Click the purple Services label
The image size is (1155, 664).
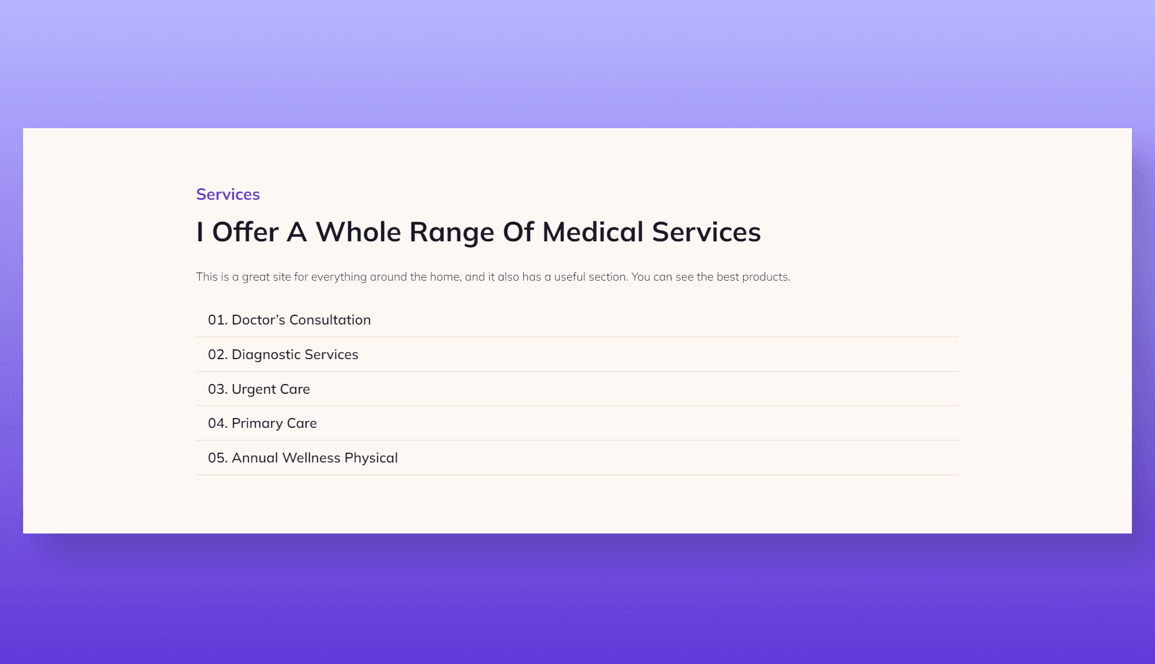tap(228, 195)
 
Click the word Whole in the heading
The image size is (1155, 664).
tap(358, 232)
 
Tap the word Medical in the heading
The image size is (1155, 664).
tap(593, 232)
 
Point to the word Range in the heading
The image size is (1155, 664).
tap(452, 232)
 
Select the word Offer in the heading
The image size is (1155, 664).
tap(245, 232)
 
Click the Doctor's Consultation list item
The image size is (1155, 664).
tap(289, 320)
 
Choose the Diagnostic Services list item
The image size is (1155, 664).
tap(283, 355)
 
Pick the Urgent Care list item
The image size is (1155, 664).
tap(259, 389)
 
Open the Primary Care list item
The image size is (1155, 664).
tap(262, 423)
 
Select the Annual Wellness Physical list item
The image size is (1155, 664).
tap(303, 458)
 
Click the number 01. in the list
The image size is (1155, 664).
tap(218, 320)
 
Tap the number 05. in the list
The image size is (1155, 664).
tap(218, 458)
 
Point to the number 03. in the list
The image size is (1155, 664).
tap(218, 389)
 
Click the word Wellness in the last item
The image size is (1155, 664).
tap(311, 458)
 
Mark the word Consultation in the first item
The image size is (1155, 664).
tap(330, 320)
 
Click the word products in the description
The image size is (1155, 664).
tap(766, 277)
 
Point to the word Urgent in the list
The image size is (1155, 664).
tap(254, 389)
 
